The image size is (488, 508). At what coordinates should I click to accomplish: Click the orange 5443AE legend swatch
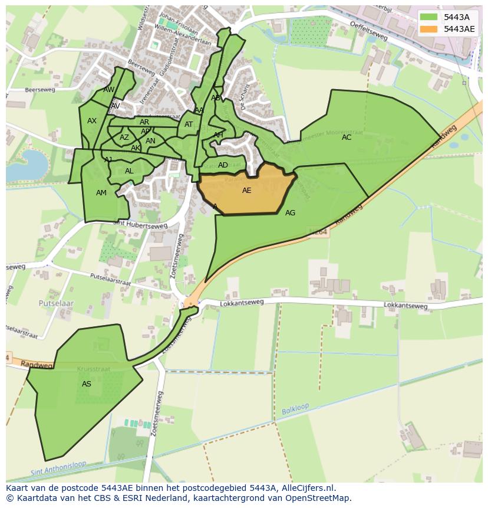click(428, 29)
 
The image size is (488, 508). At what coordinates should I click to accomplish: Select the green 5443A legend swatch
click(428, 17)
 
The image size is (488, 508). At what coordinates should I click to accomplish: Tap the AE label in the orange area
click(246, 191)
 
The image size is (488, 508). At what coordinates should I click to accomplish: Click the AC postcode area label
click(347, 137)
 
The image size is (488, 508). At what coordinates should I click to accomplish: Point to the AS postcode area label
click(87, 384)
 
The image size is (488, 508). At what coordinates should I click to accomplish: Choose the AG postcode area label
click(290, 213)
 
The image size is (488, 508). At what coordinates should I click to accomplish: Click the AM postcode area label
click(101, 193)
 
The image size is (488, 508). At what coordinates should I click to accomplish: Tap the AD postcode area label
click(223, 165)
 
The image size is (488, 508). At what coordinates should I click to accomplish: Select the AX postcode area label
click(92, 121)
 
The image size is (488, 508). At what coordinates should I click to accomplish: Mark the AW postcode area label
click(109, 90)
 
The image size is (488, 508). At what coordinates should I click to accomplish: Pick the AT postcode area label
click(189, 124)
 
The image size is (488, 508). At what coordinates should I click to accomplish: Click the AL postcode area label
click(129, 171)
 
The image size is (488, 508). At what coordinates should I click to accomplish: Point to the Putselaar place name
click(56, 303)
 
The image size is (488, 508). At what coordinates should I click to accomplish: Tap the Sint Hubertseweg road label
click(140, 225)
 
